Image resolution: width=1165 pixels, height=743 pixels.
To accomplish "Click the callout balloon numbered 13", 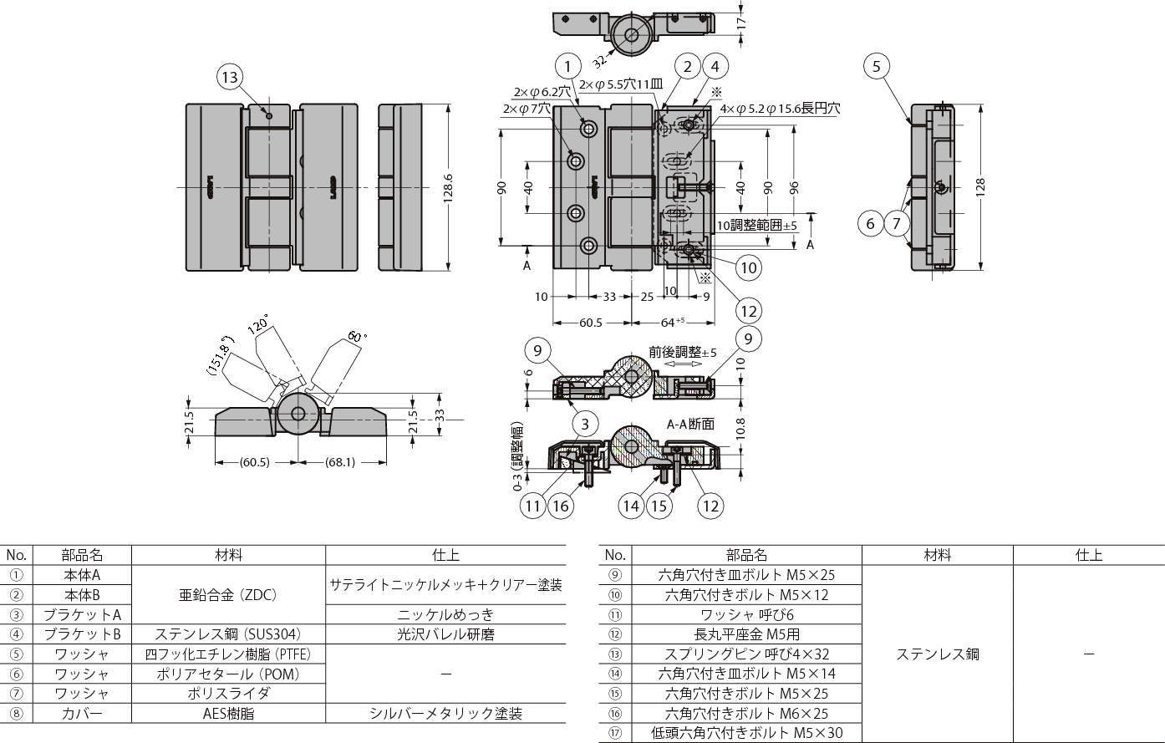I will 229,78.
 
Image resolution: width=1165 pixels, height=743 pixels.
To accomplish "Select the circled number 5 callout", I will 876,66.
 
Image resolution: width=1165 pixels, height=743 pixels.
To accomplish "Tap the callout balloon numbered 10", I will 748,267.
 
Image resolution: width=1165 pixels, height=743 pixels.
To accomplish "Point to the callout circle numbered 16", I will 561,505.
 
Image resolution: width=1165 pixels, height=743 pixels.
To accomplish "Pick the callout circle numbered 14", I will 631,505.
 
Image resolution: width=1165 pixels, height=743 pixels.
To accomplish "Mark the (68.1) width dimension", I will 343,462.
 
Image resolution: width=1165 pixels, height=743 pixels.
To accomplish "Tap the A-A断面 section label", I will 690,424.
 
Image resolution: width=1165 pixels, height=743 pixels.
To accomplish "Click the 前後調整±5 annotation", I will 682,352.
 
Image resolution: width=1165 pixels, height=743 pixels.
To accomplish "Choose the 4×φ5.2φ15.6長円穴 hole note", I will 779,109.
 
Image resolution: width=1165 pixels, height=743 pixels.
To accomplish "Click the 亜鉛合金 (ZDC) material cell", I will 228,595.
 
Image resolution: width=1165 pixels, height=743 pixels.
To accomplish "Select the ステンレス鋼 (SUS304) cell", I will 228,634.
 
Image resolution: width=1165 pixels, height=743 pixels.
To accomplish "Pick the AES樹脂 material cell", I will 228,713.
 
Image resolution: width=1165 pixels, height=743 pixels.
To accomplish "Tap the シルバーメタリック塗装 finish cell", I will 445,713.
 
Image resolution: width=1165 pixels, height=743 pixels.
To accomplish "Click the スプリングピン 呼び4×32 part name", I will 746,654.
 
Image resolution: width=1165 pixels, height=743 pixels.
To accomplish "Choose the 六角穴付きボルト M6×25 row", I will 746,713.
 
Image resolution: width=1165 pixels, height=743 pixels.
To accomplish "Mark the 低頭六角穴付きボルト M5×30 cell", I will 746,733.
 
